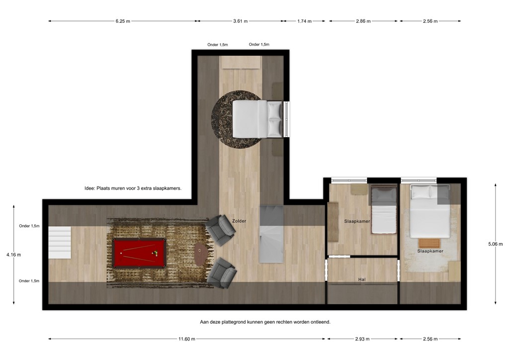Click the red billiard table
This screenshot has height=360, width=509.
(x=138, y=253)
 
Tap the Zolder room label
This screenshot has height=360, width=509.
(x=239, y=221)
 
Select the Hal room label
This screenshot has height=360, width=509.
(x=362, y=279)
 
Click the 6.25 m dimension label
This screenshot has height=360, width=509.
(x=123, y=21)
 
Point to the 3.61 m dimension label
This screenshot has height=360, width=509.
(x=240, y=21)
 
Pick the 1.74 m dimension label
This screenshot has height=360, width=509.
(x=304, y=21)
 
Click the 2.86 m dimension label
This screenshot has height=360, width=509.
(x=363, y=21)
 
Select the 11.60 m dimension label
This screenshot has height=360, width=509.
(x=187, y=339)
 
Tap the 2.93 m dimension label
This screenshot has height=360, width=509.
(x=362, y=339)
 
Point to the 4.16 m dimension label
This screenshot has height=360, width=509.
(x=13, y=255)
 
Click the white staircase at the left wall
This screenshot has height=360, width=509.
(x=60, y=242)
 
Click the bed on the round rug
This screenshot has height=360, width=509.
(x=258, y=119)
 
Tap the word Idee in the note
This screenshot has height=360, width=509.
(x=89, y=189)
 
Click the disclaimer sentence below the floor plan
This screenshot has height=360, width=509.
(x=265, y=322)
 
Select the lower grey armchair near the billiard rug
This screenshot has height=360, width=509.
(x=222, y=272)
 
